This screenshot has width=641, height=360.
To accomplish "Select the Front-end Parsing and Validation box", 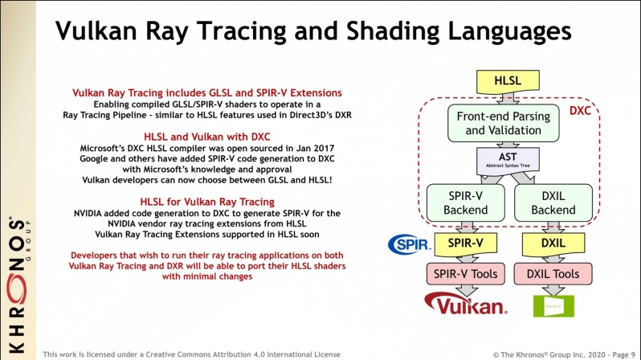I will [503, 123].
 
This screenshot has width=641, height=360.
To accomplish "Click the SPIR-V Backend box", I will [465, 202].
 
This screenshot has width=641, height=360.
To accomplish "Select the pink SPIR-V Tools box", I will [465, 274].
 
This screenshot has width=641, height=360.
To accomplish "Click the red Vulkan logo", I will [465, 305].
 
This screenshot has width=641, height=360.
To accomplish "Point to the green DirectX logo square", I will [545, 306].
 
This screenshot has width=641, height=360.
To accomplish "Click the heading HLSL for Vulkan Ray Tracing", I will [207, 201].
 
